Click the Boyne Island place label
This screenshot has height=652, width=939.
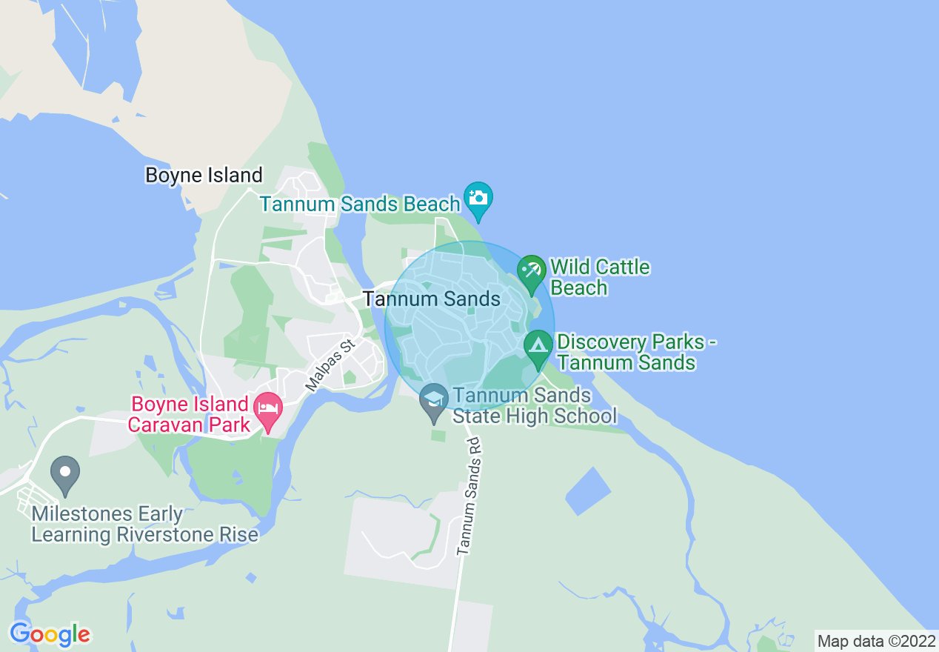(204, 176)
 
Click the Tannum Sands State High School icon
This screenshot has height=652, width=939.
(434, 401)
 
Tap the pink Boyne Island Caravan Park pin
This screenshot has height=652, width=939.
(267, 410)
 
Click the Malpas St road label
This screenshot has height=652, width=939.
(330, 366)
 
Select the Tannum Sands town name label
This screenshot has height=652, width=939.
(432, 299)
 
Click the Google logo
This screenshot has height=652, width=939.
(50, 634)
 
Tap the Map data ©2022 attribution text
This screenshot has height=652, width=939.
(875, 641)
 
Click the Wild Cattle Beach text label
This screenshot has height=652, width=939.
(600, 277)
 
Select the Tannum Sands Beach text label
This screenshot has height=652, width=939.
(360, 204)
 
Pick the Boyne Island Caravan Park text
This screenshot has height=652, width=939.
(189, 413)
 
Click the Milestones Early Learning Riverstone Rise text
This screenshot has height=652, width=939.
(145, 525)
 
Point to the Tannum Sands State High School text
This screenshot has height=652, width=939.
(534, 405)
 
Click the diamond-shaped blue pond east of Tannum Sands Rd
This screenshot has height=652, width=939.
(588, 490)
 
